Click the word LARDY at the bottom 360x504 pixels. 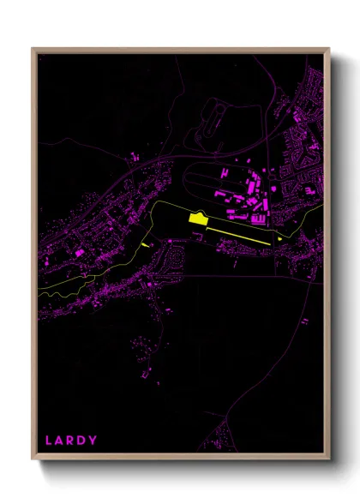tap(71, 441)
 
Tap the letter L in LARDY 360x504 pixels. tap(49, 441)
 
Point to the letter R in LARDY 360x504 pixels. tap(71, 441)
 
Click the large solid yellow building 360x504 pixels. tap(198, 220)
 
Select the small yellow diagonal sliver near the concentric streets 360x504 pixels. tap(143, 245)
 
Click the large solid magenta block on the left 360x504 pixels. tap(80, 253)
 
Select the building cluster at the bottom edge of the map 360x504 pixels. tap(222, 433)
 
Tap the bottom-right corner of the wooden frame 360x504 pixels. tap(329, 459)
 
